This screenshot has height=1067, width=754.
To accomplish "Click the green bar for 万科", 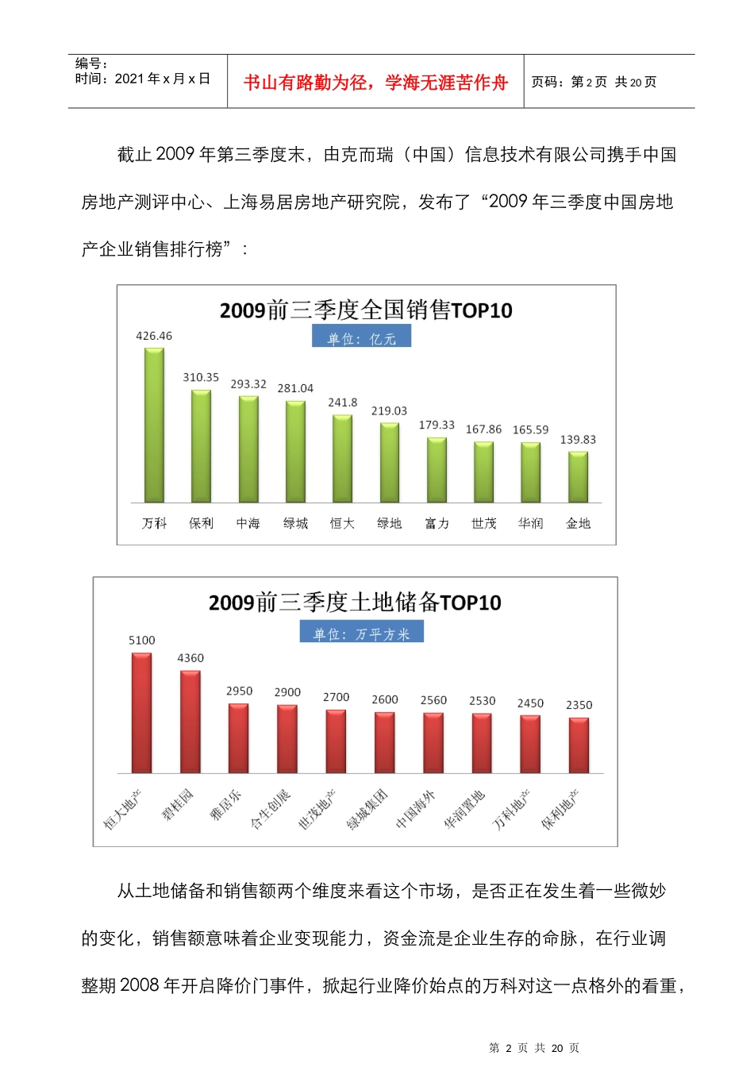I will (x=154, y=426).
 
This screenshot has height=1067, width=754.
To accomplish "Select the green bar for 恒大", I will (x=342, y=459).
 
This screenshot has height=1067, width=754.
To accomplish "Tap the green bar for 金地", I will (x=578, y=477).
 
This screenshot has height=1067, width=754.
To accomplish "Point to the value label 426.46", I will (x=154, y=336).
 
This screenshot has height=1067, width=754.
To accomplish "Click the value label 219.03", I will (x=389, y=411).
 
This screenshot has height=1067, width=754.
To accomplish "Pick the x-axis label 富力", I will (x=437, y=523).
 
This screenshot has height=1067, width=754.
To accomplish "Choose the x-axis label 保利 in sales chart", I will (x=201, y=523).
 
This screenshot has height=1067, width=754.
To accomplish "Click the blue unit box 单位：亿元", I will (x=361, y=338).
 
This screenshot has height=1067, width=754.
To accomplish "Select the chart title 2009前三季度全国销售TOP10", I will (x=366, y=310).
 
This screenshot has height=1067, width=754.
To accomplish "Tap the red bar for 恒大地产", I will (x=142, y=713).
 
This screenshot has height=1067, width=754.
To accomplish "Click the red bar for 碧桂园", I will (x=190, y=722).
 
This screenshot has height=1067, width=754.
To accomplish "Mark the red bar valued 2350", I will (x=579, y=745).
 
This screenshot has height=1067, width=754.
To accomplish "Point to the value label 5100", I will (x=142, y=641).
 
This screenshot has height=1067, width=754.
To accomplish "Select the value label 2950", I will (x=239, y=691).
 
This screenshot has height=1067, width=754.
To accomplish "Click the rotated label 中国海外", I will (x=416, y=810).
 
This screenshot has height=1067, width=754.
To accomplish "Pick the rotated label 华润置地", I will (x=464, y=810).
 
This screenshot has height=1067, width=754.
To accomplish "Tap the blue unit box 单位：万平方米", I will (x=361, y=633).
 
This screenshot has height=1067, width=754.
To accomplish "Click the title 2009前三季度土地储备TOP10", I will (x=355, y=603).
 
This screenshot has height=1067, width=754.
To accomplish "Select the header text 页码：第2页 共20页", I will (x=594, y=82).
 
